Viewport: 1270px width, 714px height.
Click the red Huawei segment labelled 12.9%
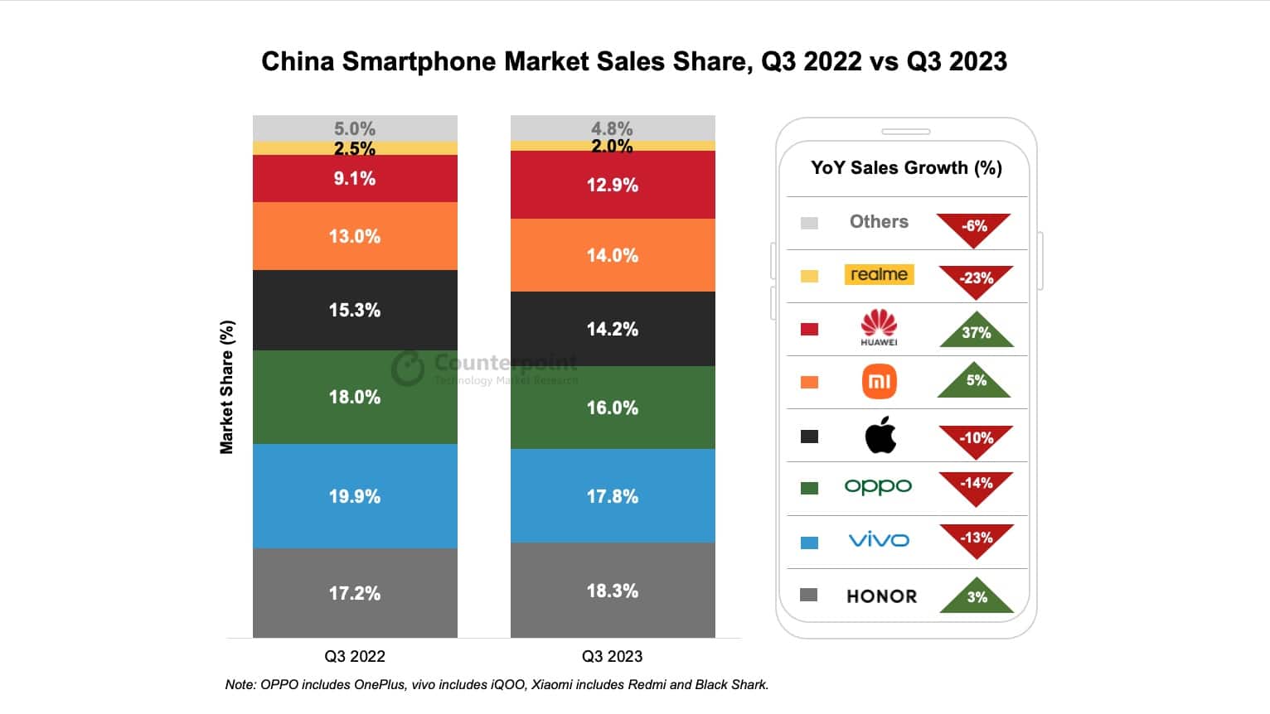pyautogui.click(x=613, y=185)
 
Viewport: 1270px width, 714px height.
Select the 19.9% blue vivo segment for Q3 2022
pyautogui.click(x=355, y=496)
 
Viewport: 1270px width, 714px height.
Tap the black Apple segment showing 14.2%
pyautogui.click(x=613, y=329)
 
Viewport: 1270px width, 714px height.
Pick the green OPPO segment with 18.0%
pyautogui.click(x=355, y=397)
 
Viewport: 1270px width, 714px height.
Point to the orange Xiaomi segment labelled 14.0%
pyautogui.click(x=613, y=255)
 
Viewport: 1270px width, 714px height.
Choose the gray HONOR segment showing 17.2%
pyautogui.click(x=355, y=593)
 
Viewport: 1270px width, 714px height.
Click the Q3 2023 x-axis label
pyautogui.click(x=612, y=656)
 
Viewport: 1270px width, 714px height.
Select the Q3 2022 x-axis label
pyautogui.click(x=355, y=656)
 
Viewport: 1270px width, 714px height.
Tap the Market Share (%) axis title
pyautogui.click(x=226, y=387)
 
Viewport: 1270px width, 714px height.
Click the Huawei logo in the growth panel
pyautogui.click(x=879, y=327)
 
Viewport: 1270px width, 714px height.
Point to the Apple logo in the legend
pyautogui.click(x=880, y=435)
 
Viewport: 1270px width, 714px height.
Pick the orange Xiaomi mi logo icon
pyautogui.click(x=880, y=382)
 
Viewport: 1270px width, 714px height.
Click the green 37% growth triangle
pyautogui.click(x=977, y=331)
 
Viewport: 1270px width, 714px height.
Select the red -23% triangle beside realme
pyautogui.click(x=976, y=279)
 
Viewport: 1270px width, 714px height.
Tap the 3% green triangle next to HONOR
pyautogui.click(x=977, y=596)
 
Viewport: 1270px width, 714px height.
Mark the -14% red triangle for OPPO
pyautogui.click(x=976, y=485)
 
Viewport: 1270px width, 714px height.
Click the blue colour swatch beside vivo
pyautogui.click(x=810, y=543)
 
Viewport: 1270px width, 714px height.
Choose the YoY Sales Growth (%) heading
pyautogui.click(x=906, y=167)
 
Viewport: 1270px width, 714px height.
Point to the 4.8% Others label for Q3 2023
pyautogui.click(x=612, y=128)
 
